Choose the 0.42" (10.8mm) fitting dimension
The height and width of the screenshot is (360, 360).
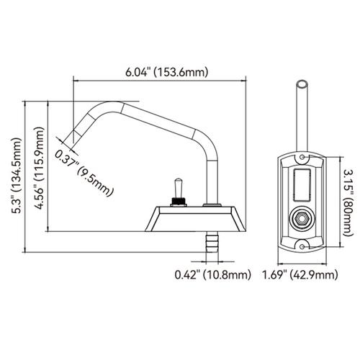[x=212, y=274]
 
